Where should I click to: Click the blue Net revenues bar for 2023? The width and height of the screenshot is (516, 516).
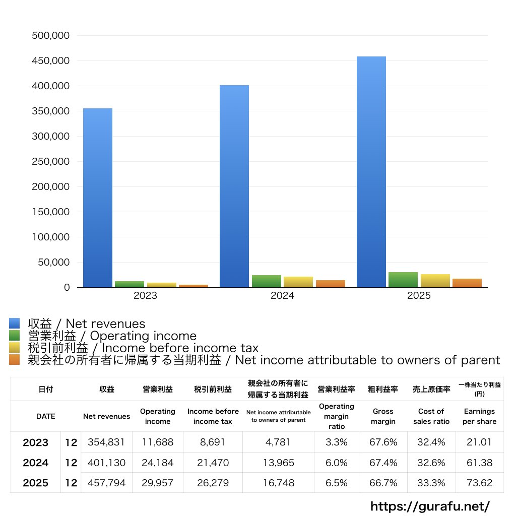coord(98,198)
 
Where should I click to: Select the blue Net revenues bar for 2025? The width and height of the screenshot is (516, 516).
coord(371,171)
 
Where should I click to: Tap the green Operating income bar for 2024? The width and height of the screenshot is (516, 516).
coord(267,281)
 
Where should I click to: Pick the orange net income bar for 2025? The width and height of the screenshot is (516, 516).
coord(467,283)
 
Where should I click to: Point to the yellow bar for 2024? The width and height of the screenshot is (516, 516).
coord(298,282)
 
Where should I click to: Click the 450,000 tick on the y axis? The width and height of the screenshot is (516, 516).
coord(50,61)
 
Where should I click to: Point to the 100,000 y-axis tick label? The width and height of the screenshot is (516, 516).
coord(50,237)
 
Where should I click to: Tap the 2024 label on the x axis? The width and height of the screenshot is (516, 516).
coord(282,296)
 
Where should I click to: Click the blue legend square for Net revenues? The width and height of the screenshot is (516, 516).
coord(15,324)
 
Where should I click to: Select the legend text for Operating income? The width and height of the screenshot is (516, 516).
coord(112,336)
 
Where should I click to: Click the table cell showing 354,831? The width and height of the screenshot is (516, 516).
coord(106,442)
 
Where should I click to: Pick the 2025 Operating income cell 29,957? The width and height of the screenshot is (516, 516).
coord(158,483)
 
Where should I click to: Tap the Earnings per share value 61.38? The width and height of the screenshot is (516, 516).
coord(479,463)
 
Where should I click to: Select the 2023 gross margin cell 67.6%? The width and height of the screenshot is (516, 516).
coord(383,442)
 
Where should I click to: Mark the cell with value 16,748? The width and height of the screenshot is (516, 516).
coord(278,483)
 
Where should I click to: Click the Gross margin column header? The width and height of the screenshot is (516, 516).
coord(383,416)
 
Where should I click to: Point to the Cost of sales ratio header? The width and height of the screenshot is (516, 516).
coord(431,416)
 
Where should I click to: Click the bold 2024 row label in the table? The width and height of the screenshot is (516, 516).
coord(36,463)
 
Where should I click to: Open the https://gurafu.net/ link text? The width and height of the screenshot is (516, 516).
coord(430,506)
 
